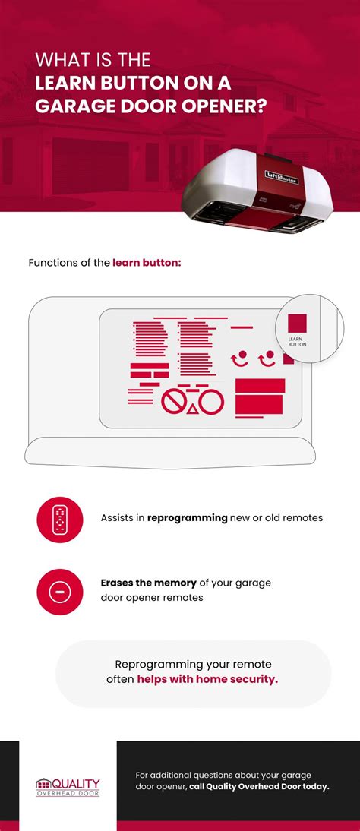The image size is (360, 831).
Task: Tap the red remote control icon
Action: click(59, 519)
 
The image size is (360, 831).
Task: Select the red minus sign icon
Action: click(59, 590)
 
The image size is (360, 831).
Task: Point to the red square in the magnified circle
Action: click(297, 323)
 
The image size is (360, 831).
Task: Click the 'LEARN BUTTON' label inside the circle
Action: click(297, 341)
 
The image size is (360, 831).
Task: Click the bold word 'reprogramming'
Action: click(188, 518)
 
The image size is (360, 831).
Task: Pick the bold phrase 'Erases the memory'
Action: click(148, 583)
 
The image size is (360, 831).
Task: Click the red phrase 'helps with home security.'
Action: click(207, 679)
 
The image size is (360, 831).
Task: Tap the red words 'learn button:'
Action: click(147, 263)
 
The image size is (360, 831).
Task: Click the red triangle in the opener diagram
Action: click(192, 409)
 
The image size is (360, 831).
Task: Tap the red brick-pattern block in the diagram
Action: click(149, 371)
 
